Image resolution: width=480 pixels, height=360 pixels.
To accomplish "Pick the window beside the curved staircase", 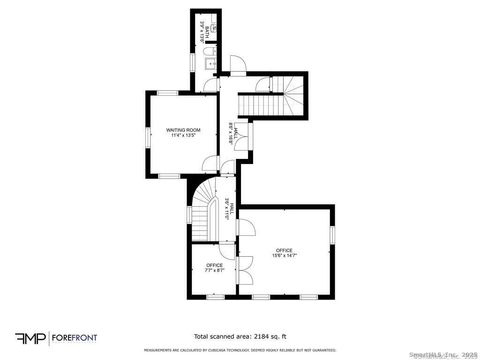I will (x=189, y=215).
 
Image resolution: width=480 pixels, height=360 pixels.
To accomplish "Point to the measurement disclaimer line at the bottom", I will (x=240, y=350).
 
